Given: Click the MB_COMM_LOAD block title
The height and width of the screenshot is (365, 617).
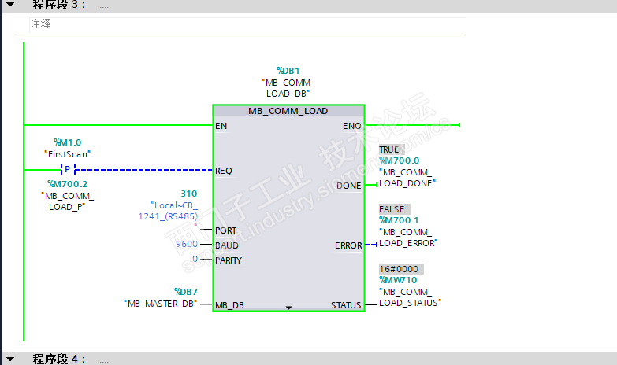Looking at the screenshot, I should [x=288, y=111].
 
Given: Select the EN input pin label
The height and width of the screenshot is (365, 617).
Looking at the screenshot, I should [x=221, y=126].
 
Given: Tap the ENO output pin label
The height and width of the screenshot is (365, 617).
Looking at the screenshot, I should [x=352, y=126].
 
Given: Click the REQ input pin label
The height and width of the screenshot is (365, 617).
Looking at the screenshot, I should [x=224, y=170].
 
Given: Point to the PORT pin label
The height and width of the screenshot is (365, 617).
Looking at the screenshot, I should [x=226, y=230].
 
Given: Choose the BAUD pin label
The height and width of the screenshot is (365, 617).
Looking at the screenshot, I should [x=227, y=245].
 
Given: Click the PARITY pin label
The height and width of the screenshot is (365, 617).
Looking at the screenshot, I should [x=229, y=260].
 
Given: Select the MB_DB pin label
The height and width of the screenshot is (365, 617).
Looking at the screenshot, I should [x=229, y=305].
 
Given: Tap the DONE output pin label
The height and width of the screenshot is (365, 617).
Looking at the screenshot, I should [x=348, y=186].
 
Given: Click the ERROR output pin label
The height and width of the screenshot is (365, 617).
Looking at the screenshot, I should [x=348, y=245].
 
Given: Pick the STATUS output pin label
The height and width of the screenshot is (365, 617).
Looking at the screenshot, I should [x=346, y=305].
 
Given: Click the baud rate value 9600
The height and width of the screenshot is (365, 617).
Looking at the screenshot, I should [x=187, y=244].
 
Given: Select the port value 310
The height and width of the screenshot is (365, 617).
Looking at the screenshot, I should [x=189, y=194].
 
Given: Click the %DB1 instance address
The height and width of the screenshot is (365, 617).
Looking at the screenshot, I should [x=288, y=70].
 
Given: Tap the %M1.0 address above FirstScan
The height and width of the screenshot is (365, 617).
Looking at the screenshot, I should [x=67, y=142].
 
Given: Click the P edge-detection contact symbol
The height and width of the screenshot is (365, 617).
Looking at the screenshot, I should [x=67, y=170].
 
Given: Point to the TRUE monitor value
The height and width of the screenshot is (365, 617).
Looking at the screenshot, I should [x=389, y=149].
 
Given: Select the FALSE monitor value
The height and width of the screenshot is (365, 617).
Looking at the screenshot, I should [x=392, y=209].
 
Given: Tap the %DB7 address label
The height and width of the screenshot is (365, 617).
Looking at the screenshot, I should [x=184, y=291].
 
